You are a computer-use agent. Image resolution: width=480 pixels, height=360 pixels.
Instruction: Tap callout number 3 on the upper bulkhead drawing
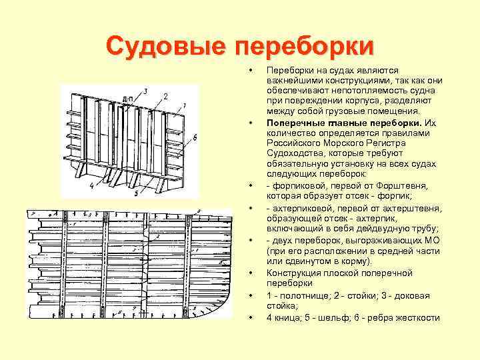pyautogui.click(x=145, y=91)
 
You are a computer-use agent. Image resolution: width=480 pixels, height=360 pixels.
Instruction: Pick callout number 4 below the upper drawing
pyautogui.click(x=91, y=186)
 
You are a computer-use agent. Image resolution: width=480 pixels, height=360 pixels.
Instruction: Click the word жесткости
pyautogui.click(x=419, y=317)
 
